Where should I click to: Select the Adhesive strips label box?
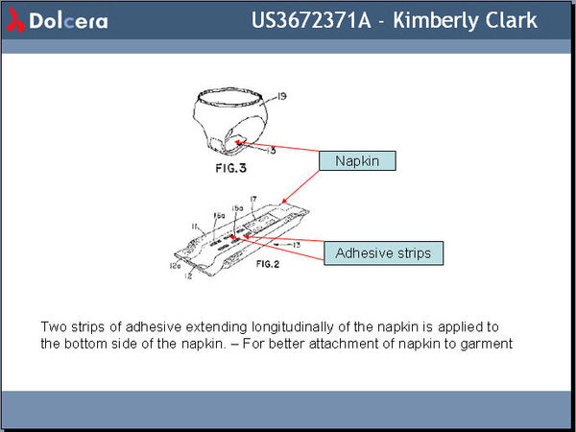383,253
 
